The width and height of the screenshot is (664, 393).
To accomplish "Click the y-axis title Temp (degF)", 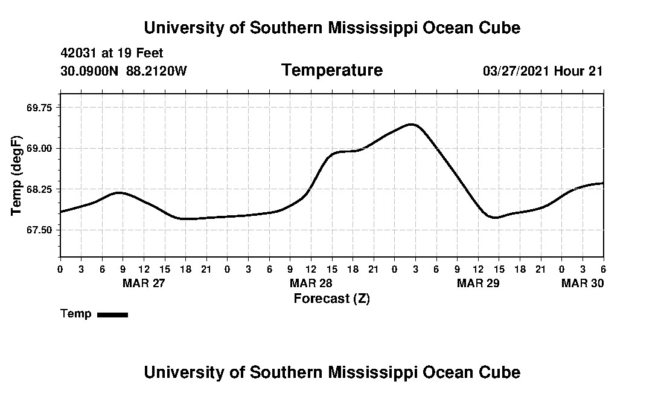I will click(x=16, y=176).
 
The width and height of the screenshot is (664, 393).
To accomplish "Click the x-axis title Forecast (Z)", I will click(x=331, y=299).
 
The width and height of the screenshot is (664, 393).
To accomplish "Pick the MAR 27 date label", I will click(x=144, y=283).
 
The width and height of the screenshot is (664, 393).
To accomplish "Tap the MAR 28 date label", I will click(x=311, y=283).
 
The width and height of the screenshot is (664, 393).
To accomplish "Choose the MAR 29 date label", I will click(x=478, y=283).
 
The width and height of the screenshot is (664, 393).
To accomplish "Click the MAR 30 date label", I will click(x=583, y=283).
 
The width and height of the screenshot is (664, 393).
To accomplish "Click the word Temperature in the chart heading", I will click(x=331, y=70).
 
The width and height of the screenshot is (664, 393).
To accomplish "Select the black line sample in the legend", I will click(x=112, y=314).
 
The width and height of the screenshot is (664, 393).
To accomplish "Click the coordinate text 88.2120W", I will click(x=157, y=71).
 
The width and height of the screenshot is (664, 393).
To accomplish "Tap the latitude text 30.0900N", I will click(x=91, y=71).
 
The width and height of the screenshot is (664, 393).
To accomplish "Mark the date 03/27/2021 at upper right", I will click(x=516, y=71).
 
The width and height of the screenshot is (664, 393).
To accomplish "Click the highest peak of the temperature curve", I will click(x=412, y=124).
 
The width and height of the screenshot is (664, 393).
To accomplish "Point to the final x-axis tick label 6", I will click(x=603, y=268).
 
